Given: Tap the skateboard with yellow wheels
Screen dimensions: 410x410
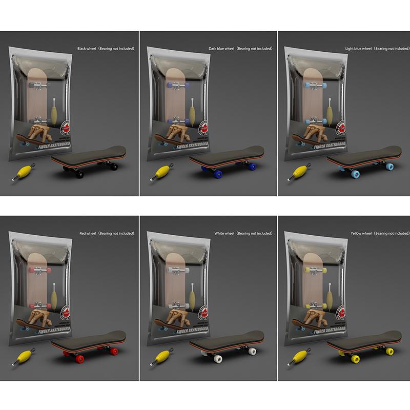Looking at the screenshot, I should (x=362, y=343).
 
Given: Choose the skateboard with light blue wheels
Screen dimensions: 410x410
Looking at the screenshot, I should (x=362, y=158).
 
